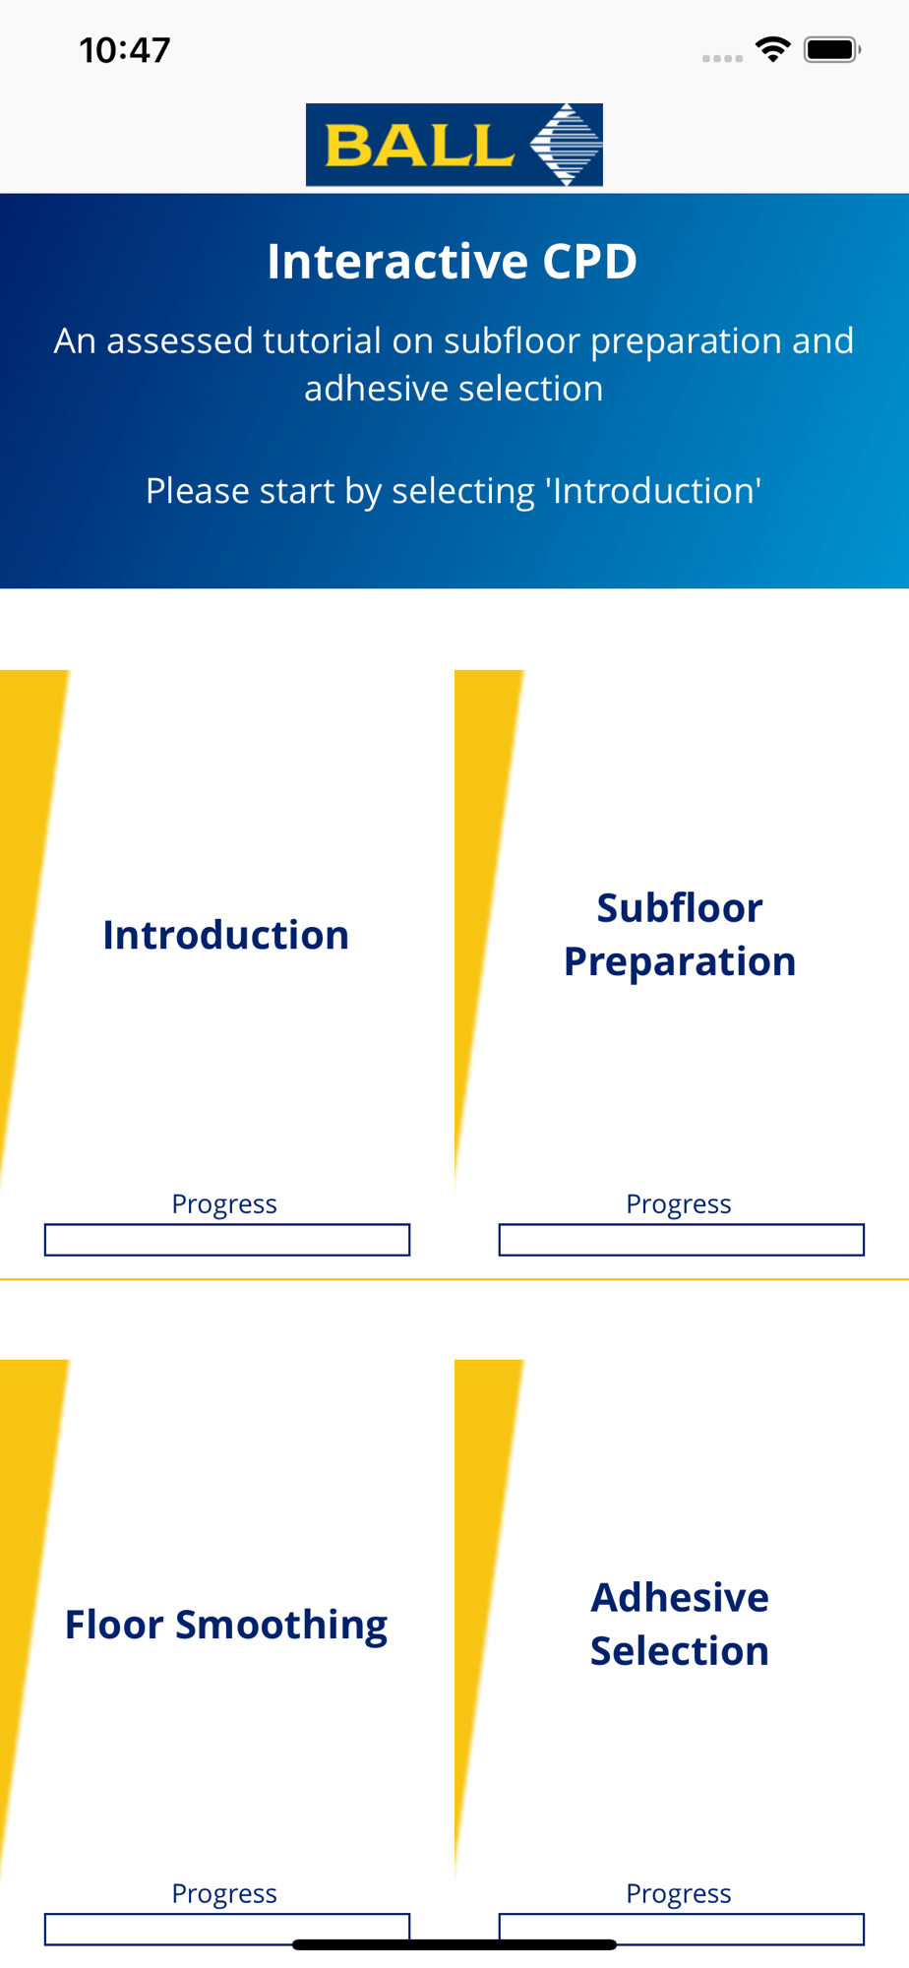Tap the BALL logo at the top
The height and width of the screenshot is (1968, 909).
click(454, 145)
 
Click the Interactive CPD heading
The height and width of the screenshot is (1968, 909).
click(453, 262)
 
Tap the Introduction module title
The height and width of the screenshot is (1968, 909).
click(226, 935)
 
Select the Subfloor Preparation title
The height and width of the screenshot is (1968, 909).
click(680, 935)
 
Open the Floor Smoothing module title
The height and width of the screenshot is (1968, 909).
click(226, 1626)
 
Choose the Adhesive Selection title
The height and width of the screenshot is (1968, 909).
click(680, 1624)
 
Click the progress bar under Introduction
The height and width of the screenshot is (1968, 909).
click(227, 1240)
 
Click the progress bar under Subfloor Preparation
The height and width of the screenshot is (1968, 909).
click(682, 1240)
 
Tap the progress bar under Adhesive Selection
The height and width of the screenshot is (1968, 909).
click(682, 1929)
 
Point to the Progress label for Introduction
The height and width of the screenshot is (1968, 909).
click(224, 1204)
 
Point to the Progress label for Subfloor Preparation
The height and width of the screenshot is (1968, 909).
click(679, 1204)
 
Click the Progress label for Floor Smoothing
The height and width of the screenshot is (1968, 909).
click(224, 1894)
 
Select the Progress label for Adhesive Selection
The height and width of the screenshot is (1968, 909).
click(679, 1894)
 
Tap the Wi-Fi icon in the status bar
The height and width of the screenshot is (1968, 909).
click(773, 49)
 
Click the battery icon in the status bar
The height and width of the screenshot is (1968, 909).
click(832, 49)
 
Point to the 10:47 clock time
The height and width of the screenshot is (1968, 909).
click(125, 50)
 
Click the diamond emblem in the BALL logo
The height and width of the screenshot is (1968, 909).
click(566, 145)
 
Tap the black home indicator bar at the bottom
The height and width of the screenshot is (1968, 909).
click(454, 1944)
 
